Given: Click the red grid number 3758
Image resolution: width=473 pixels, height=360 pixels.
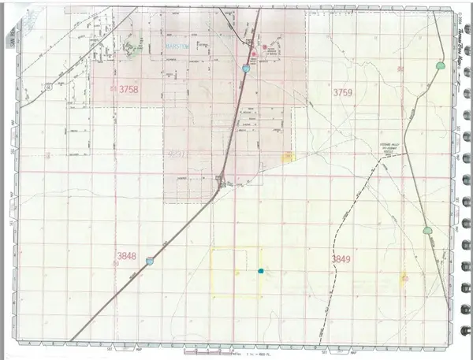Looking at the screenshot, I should tap(126, 90).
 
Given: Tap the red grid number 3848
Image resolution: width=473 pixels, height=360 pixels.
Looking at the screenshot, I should tap(127, 256).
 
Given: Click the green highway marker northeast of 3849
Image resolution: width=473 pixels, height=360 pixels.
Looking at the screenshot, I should tap(427, 231).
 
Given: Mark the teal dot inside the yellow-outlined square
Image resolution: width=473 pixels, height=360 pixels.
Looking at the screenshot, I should tap(261, 271).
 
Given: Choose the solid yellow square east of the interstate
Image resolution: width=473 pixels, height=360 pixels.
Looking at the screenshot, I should tap(289, 157).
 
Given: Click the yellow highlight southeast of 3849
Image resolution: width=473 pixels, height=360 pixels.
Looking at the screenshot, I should tap(404, 278).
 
